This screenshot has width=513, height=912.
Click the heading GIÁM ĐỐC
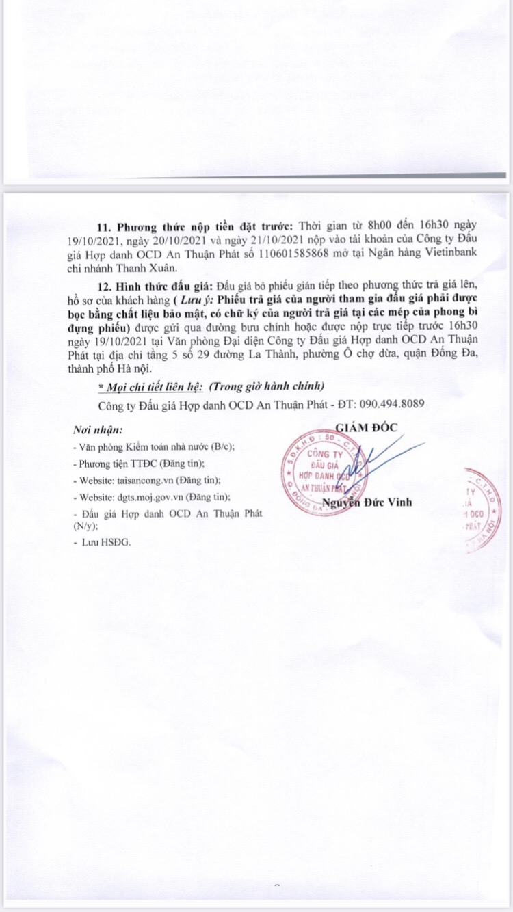coord(366,427)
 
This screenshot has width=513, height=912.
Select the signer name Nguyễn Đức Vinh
coord(367,502)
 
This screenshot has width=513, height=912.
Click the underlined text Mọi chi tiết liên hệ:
coord(150,386)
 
